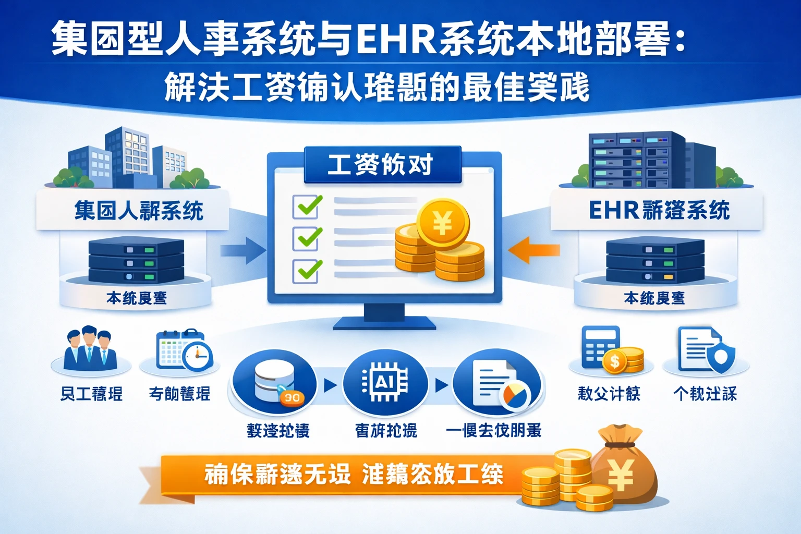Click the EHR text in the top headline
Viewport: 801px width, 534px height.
tap(396, 38)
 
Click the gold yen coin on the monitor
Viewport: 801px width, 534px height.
tap(443, 224)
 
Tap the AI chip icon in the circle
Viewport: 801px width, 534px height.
tap(385, 384)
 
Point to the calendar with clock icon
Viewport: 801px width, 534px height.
tap(184, 350)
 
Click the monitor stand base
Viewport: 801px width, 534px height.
tap(384, 323)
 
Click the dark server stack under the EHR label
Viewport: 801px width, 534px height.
tap(655, 261)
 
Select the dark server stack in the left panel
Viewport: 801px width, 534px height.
tap(136, 260)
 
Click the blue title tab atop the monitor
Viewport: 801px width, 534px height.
tap(382, 165)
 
